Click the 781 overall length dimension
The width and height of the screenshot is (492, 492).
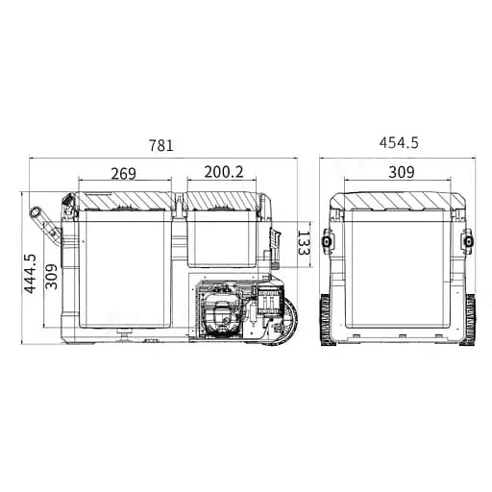tap(161, 145)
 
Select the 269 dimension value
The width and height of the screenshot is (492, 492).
tap(124, 173)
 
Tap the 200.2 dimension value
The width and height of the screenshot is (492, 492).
tap(224, 172)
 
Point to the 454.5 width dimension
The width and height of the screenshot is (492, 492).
tap(399, 142)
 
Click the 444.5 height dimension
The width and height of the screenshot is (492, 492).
tap(31, 274)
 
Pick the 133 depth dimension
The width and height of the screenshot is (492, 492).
tap(304, 242)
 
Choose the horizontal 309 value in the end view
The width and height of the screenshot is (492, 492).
tap(402, 172)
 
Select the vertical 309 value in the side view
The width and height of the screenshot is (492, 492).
tap(51, 277)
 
